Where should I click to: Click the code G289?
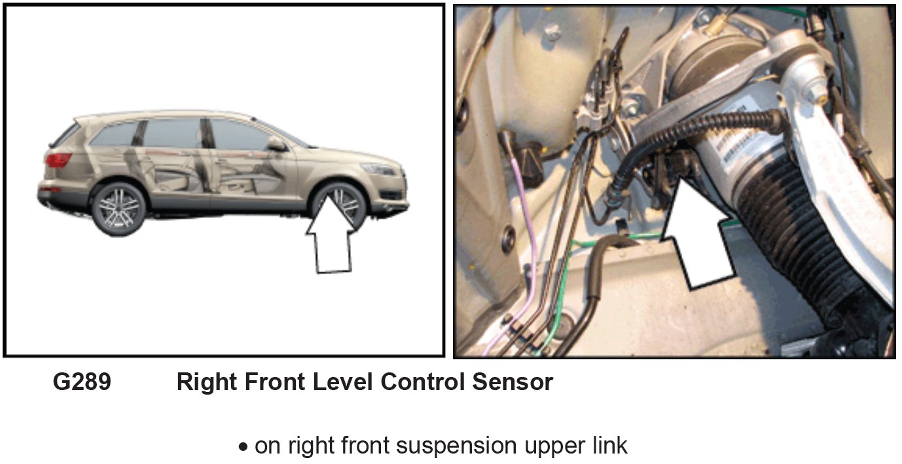coord(82,383)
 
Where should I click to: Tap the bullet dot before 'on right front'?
coord(244,448)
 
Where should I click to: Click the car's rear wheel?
coord(118,207)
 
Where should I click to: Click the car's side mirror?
coord(276,145)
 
